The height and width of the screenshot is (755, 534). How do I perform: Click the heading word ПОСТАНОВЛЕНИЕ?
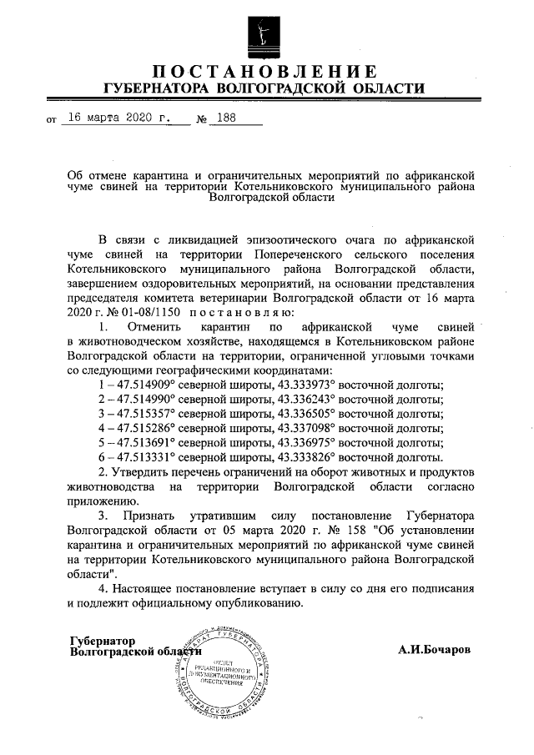click(266, 70)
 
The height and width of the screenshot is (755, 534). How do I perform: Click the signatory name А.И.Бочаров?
click(435, 647)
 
